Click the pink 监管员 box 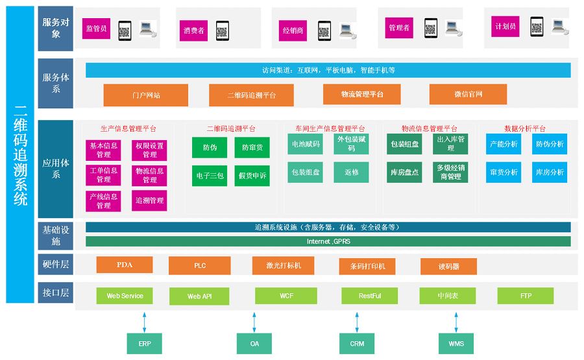(x=97, y=29)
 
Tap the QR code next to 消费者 (x=222, y=30)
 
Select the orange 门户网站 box (x=145, y=95)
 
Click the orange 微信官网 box (x=468, y=94)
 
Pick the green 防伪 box (x=209, y=148)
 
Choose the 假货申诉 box (x=251, y=176)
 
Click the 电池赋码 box (x=304, y=144)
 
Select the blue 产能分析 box (x=504, y=144)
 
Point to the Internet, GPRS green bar (x=328, y=241)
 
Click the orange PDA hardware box (x=124, y=265)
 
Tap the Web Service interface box (x=125, y=296)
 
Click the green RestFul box (x=369, y=296)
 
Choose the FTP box (x=525, y=296)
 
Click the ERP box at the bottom (x=143, y=343)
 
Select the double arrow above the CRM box (x=357, y=321)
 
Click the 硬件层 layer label (x=56, y=265)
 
